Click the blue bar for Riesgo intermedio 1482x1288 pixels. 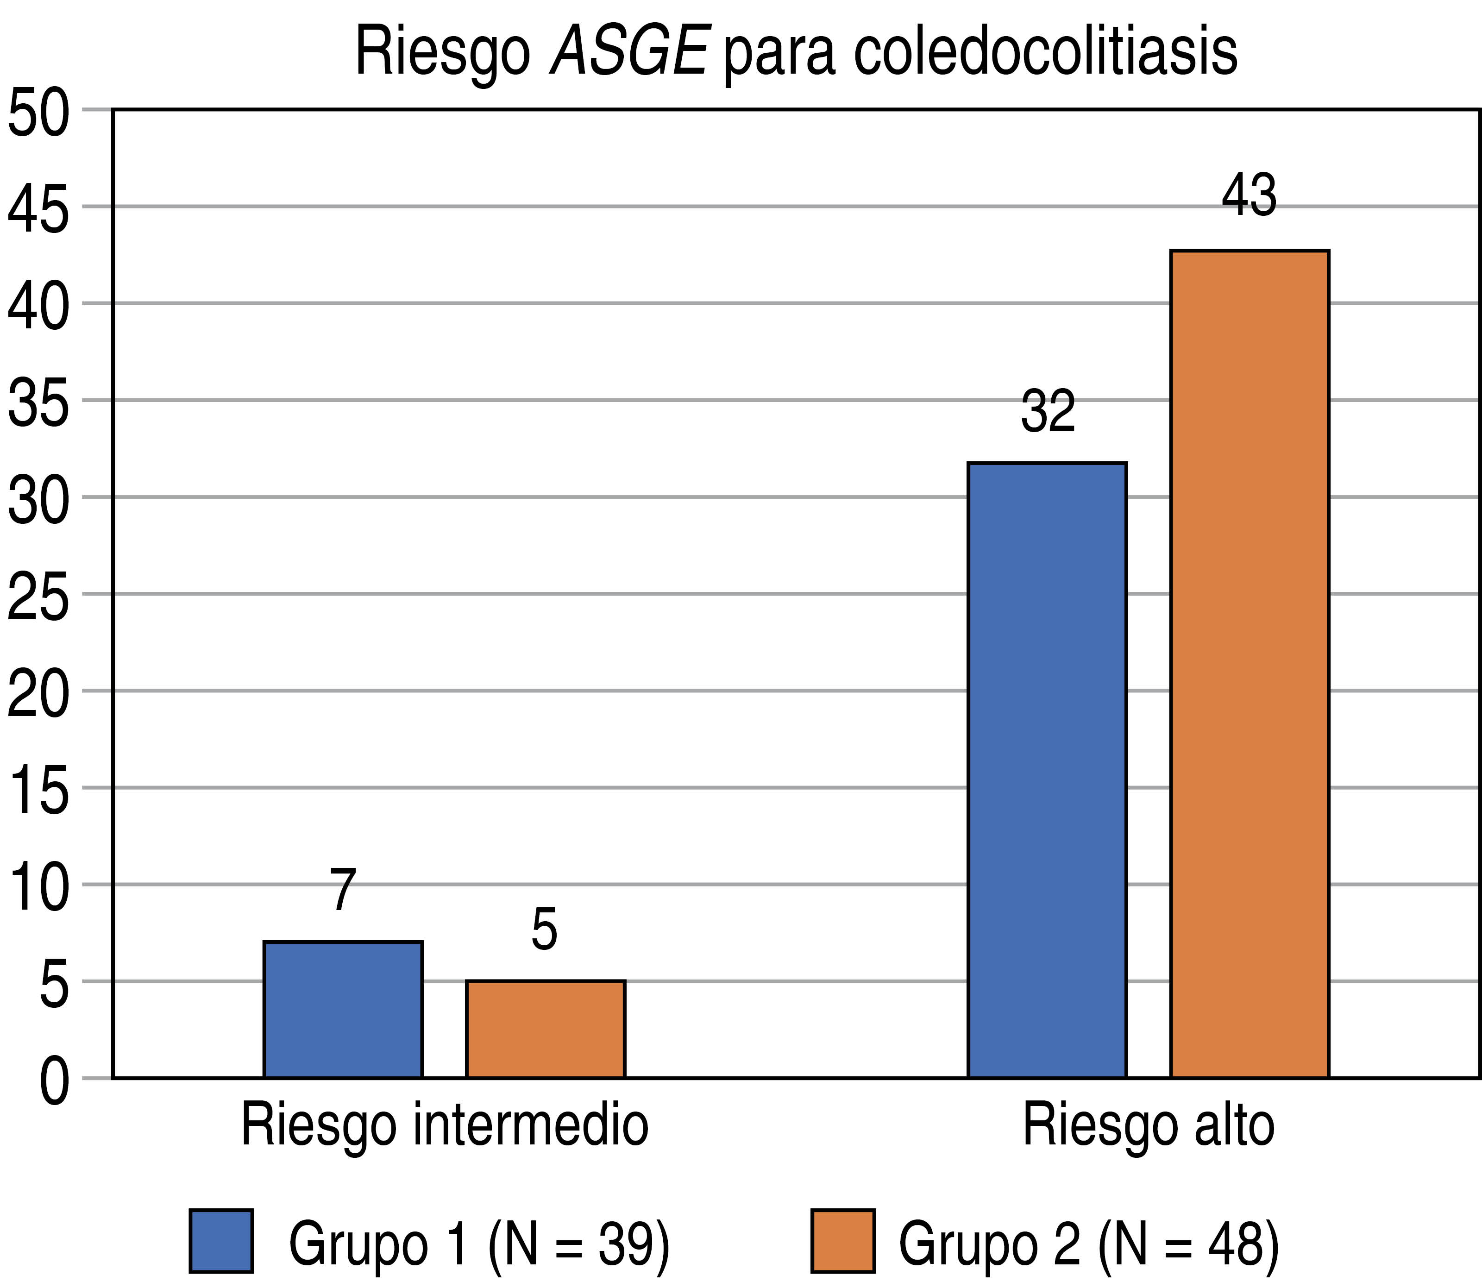343,1009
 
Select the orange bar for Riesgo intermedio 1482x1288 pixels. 546,1029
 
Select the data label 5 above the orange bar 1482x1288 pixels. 545,930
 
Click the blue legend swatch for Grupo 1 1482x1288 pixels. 221,1241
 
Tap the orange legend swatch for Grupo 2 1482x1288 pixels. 843,1241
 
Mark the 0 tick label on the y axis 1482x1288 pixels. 54,1080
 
